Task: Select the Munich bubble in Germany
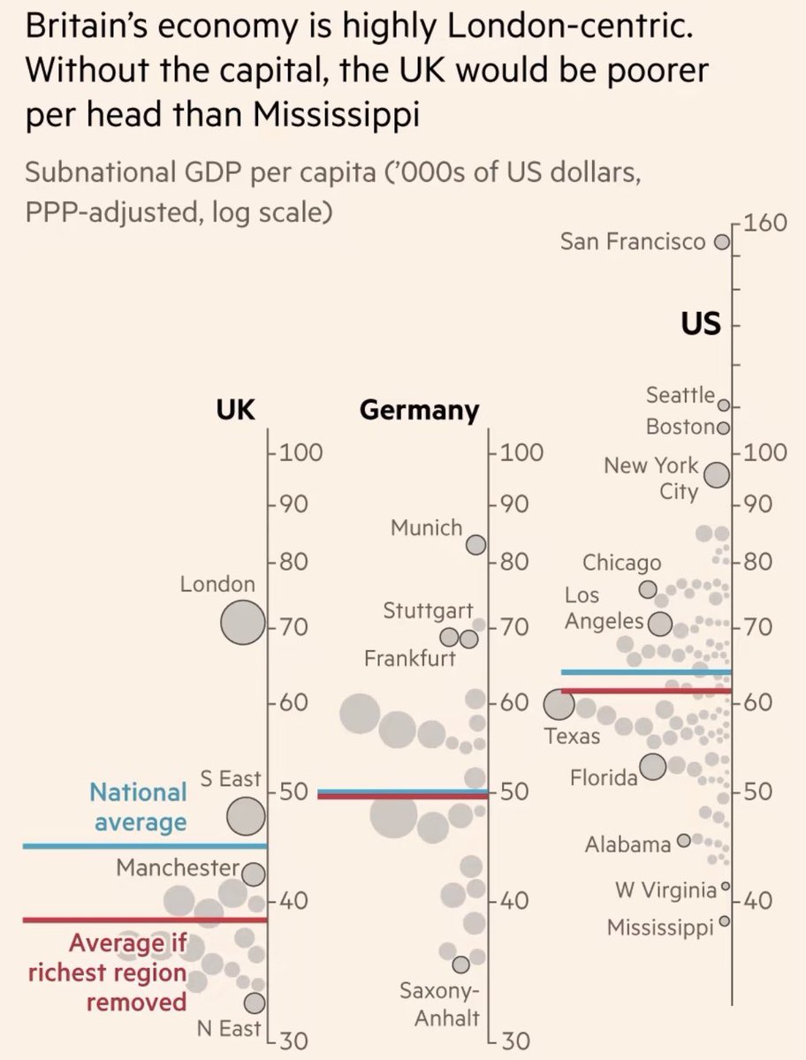(476, 544)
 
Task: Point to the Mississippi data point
(725, 920)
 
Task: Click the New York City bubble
(717, 475)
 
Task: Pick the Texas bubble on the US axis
(559, 705)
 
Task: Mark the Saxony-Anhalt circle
(460, 965)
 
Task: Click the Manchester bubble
(253, 874)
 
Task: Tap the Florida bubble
(653, 767)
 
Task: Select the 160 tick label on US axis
(764, 223)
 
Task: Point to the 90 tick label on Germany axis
(510, 506)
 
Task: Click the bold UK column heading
(236, 410)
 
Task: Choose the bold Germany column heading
(420, 411)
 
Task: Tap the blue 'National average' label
(139, 806)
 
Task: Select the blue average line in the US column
(646, 672)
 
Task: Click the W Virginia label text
(665, 890)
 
